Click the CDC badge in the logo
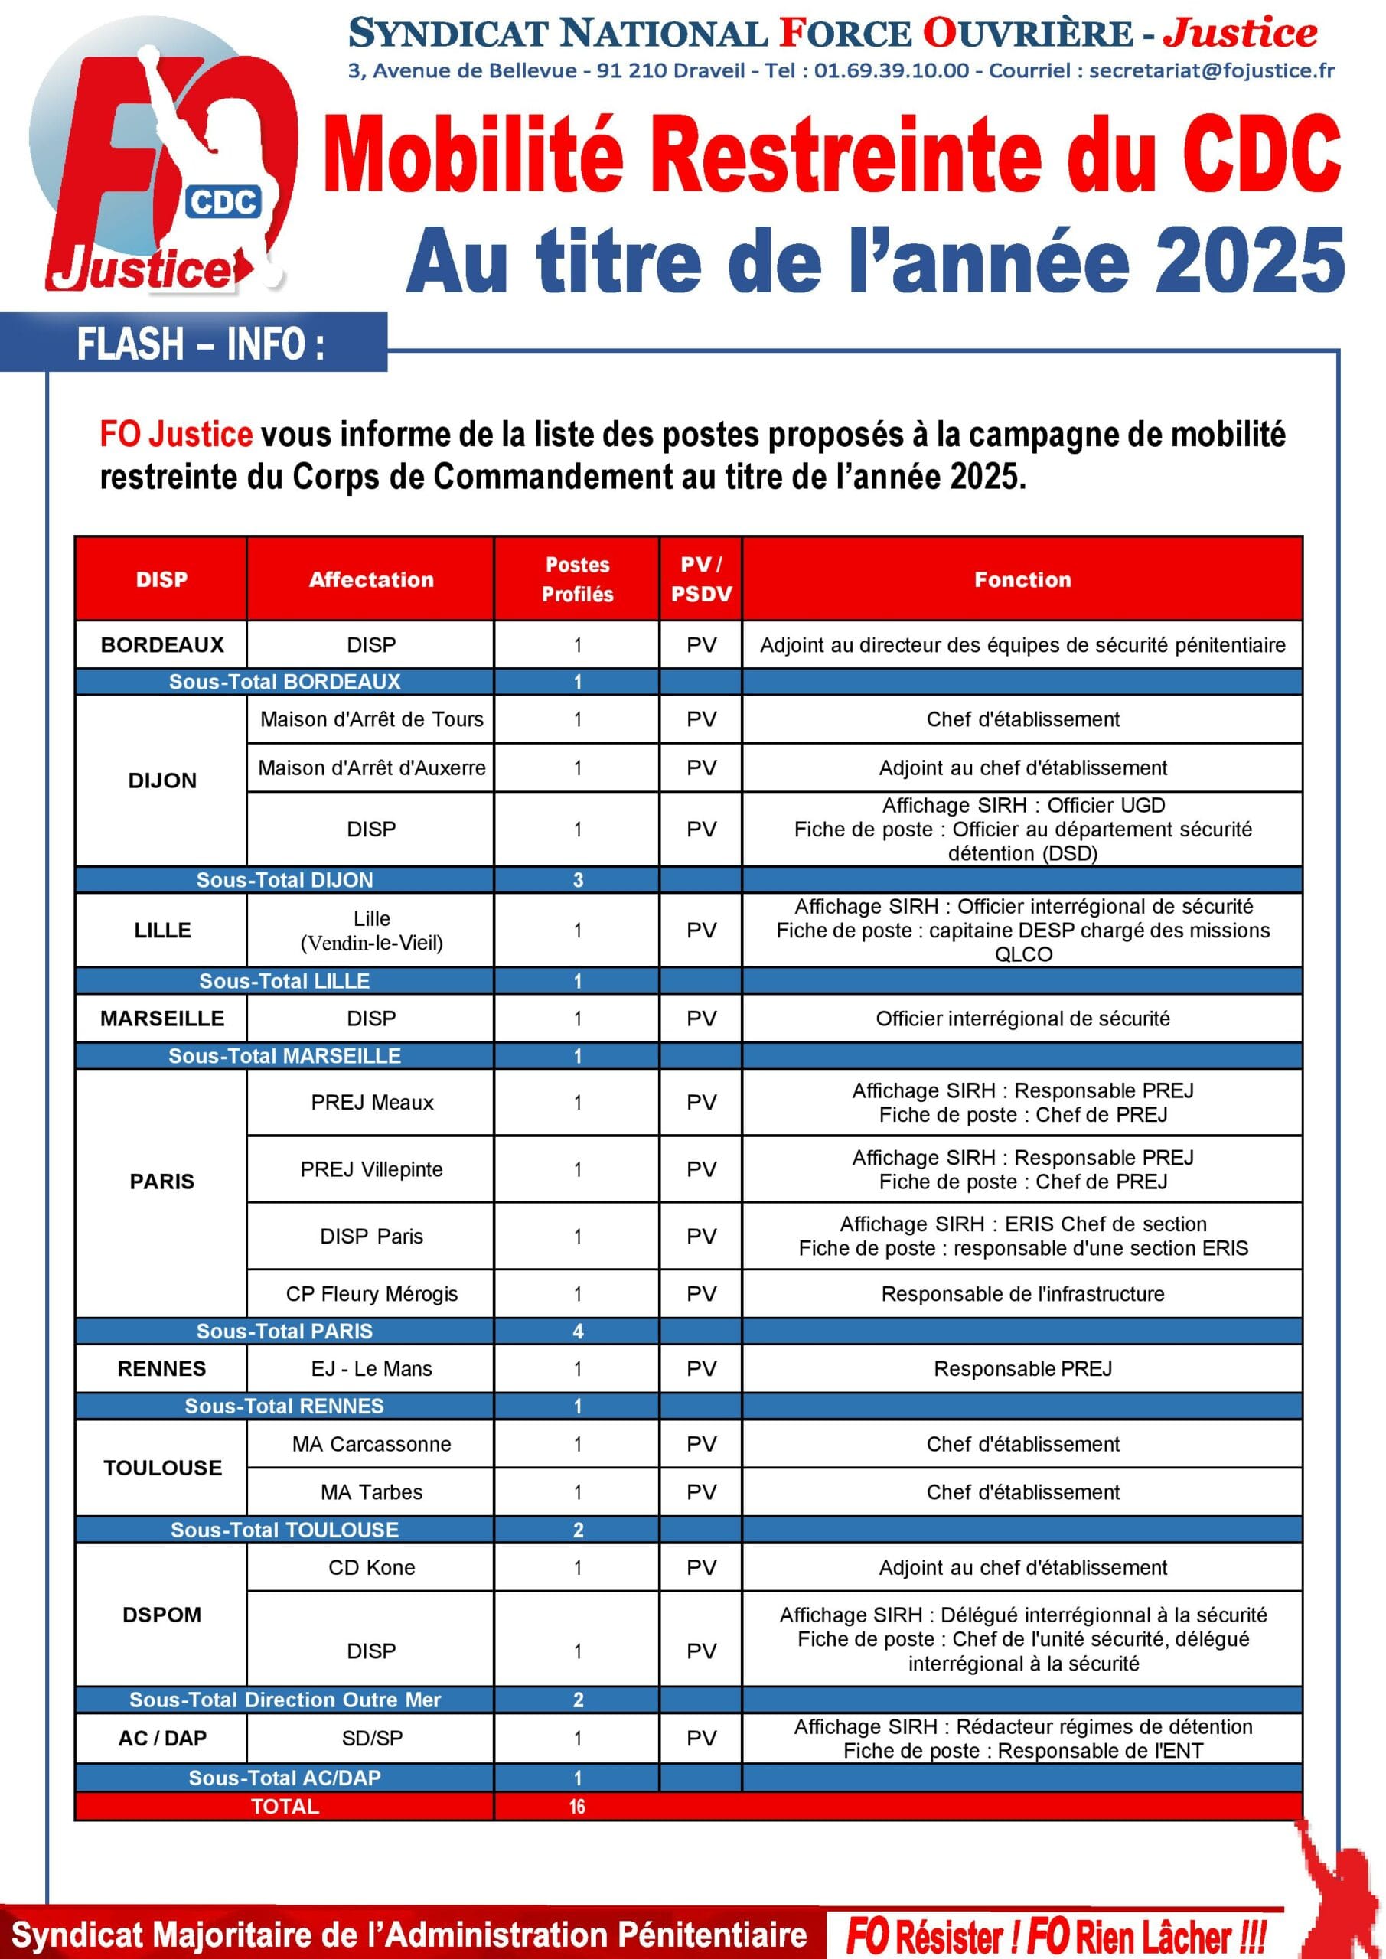pyautogui.click(x=223, y=202)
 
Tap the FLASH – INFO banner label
pyautogui.click(x=201, y=344)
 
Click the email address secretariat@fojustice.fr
pyautogui.click(x=1212, y=71)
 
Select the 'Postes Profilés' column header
pyautogui.click(x=577, y=579)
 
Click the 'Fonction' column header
pyautogui.click(x=1022, y=579)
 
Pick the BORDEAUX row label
pyautogui.click(x=162, y=645)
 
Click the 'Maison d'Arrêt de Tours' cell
pyautogui.click(x=371, y=719)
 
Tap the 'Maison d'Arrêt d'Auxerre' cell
pyautogui.click(x=371, y=768)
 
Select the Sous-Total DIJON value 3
pyautogui.click(x=578, y=880)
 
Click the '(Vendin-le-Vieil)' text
pyautogui.click(x=371, y=943)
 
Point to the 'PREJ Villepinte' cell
pyautogui.click(x=371, y=1169)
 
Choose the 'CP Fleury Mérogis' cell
pyautogui.click(x=371, y=1293)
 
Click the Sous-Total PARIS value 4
pyautogui.click(x=578, y=1331)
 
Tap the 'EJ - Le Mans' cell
pyautogui.click(x=371, y=1368)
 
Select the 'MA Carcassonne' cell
pyautogui.click(x=371, y=1444)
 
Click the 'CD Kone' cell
pyautogui.click(x=371, y=1567)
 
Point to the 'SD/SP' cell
pyautogui.click(x=371, y=1738)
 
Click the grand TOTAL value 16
pyautogui.click(x=577, y=1806)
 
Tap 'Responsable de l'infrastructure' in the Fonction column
pyautogui.click(x=1022, y=1293)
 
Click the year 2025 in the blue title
pyautogui.click(x=1251, y=260)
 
